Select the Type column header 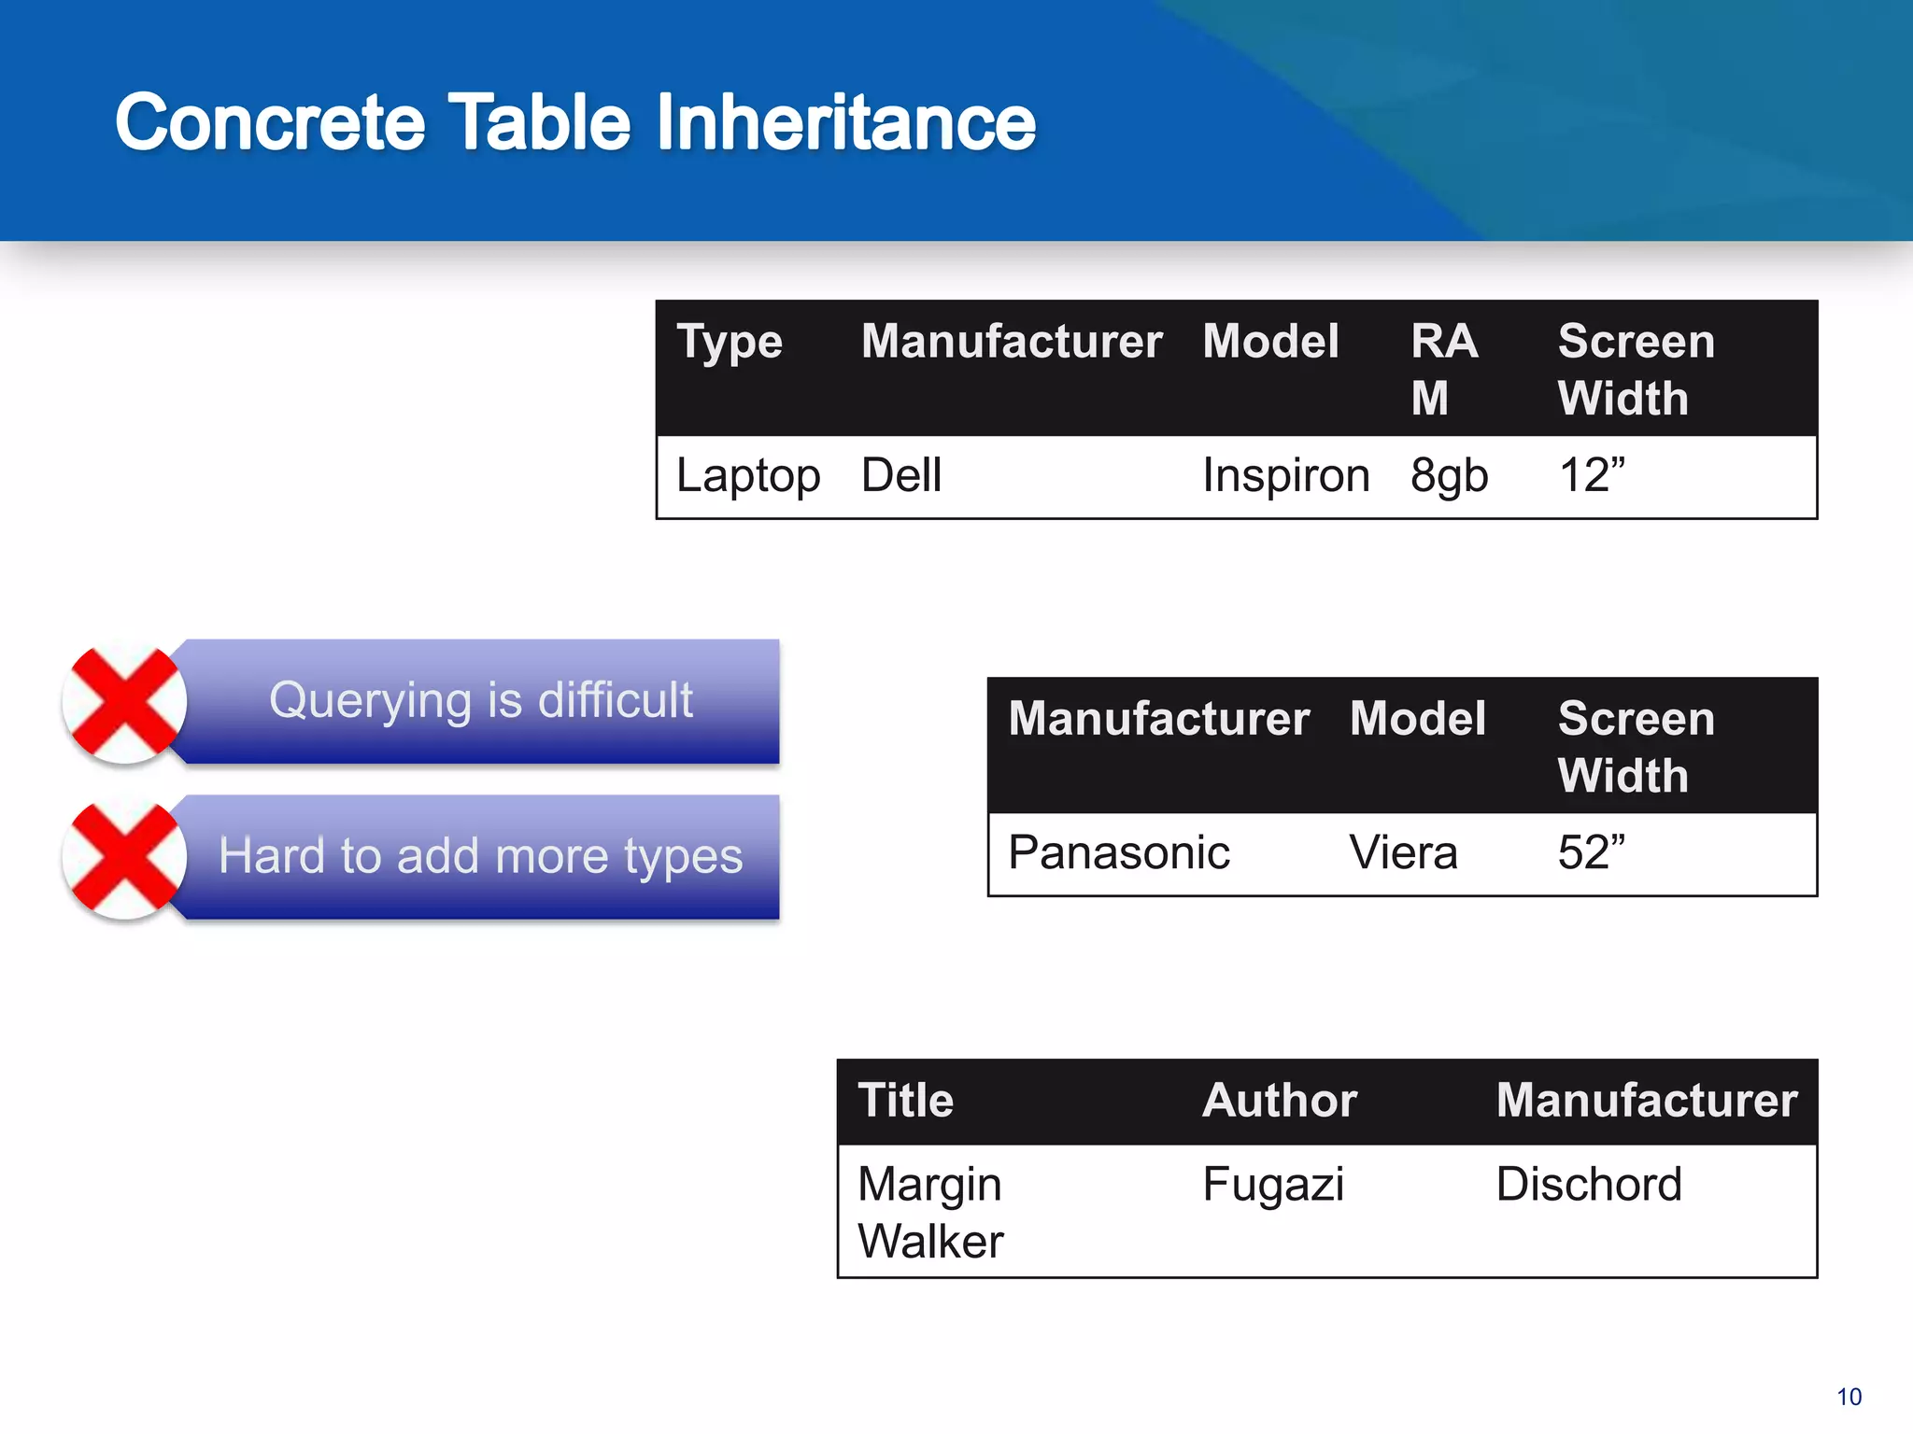(730, 342)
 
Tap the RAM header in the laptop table (1444, 369)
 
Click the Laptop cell (748, 475)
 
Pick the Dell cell (901, 475)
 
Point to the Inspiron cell (1286, 475)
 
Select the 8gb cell (1449, 475)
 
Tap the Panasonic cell (1119, 852)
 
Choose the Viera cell (1403, 852)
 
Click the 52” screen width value (1592, 852)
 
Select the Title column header (906, 1100)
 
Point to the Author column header (1280, 1100)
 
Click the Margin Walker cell (930, 1212)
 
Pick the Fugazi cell (1273, 1184)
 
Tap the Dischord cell (1589, 1184)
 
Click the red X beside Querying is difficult (125, 701)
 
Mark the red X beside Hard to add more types (125, 857)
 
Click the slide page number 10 (1849, 1397)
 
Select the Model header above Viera (1418, 719)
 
